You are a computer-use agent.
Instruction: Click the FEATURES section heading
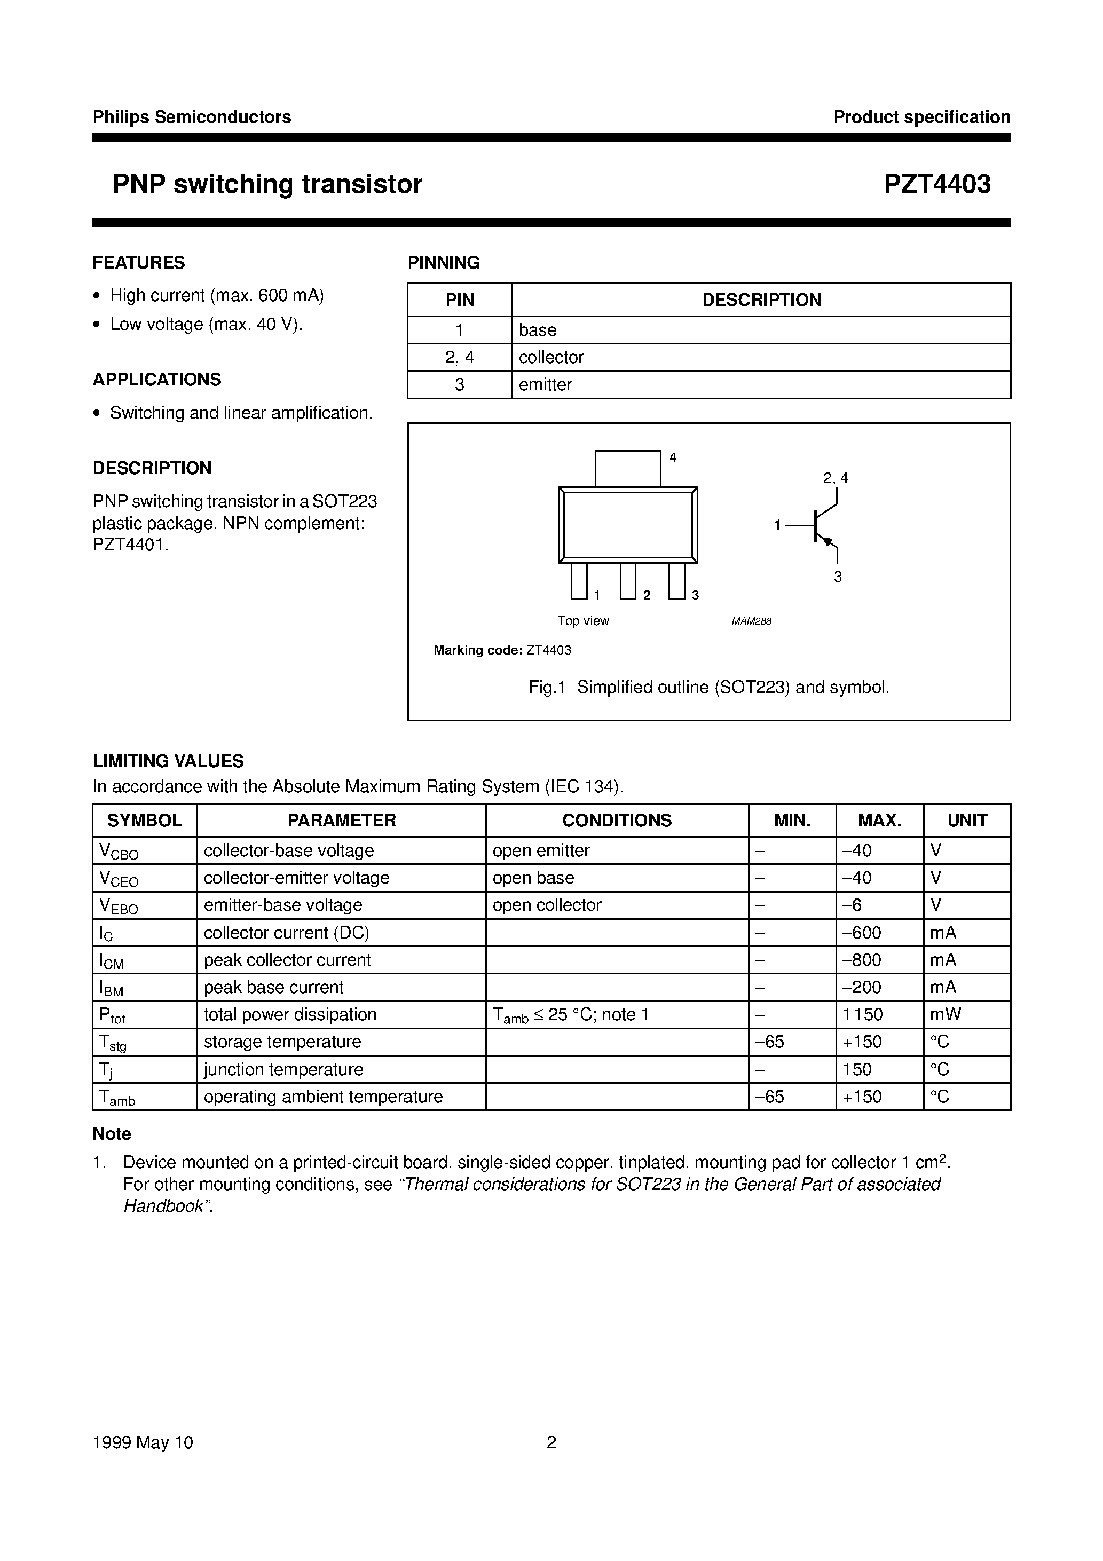tap(139, 263)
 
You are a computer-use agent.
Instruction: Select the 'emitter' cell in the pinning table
tap(546, 385)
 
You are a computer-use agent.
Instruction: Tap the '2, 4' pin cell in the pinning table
tap(459, 358)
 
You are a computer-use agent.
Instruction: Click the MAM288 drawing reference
tap(751, 621)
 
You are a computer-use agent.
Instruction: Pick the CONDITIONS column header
tap(616, 821)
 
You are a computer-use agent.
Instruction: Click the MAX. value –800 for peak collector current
tap(862, 960)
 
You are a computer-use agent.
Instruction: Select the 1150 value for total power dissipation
tap(862, 1015)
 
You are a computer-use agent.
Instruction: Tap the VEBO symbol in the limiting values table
tap(119, 906)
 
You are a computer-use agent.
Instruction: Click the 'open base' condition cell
tap(533, 878)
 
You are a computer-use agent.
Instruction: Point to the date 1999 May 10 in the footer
tap(143, 1442)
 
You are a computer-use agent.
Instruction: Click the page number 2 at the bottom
tap(551, 1442)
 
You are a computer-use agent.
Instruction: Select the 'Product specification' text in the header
tap(921, 117)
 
